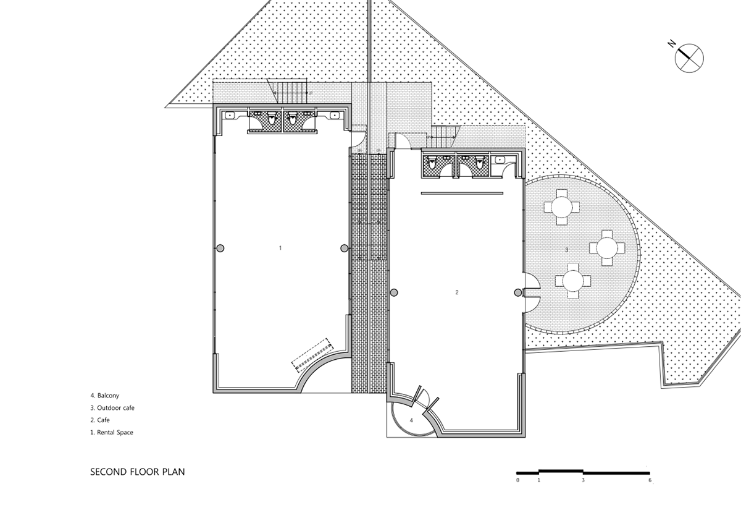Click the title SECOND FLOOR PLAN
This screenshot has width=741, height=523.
pos(138,472)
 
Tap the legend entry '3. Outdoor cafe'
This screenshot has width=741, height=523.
pos(112,407)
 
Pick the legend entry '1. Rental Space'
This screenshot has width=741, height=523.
pos(112,433)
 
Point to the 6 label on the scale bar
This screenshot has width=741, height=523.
pos(650,480)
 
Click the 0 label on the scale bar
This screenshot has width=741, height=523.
pos(518,480)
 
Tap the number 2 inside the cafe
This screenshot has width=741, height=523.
pos(457,292)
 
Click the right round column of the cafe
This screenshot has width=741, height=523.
pos(518,292)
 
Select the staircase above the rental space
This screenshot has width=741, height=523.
pos(290,93)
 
